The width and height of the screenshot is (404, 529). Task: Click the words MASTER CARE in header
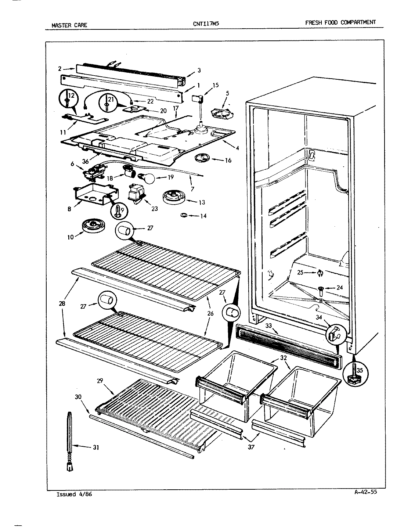[x=69, y=25]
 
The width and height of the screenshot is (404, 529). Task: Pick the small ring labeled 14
[x=184, y=215]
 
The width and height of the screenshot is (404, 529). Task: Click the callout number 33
[x=269, y=325]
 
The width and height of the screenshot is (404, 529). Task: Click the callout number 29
[x=99, y=381]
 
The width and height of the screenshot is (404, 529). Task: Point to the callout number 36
[x=86, y=161]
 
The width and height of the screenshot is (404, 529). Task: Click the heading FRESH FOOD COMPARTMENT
[x=340, y=22]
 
